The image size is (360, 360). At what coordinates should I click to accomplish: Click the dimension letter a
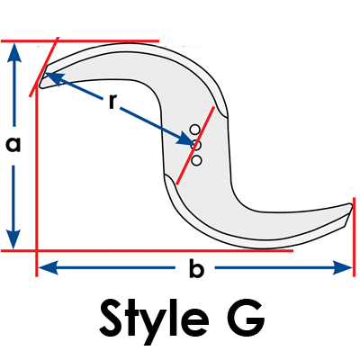[x=13, y=144]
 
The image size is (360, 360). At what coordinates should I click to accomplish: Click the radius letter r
[x=112, y=102]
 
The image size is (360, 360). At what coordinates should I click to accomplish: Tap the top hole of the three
[x=194, y=130]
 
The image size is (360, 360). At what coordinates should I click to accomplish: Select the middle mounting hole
[x=196, y=145]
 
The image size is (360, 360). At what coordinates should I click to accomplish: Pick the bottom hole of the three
[x=196, y=160]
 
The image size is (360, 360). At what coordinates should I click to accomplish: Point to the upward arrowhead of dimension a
[x=13, y=51]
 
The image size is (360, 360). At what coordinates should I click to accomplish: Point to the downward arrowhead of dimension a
[x=13, y=238]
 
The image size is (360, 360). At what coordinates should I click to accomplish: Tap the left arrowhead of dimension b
[x=48, y=267]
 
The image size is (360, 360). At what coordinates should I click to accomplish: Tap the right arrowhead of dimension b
[x=342, y=267]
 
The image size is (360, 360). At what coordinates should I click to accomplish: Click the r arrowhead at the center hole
[x=185, y=139]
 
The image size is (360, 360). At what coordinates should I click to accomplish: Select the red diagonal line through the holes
[x=195, y=145]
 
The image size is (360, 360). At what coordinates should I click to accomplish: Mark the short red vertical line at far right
[x=354, y=237]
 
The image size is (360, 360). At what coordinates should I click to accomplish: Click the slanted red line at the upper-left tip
[x=44, y=67]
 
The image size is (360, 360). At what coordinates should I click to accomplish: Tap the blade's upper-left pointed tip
[x=41, y=85]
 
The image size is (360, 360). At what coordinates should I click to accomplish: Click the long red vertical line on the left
[x=37, y=180]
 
